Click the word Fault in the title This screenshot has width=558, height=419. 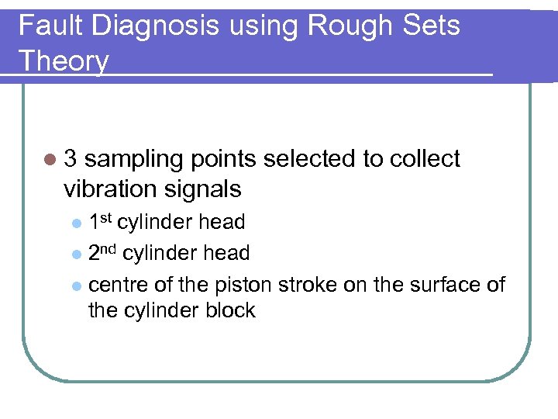tap(50, 26)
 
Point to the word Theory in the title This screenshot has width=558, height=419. tap(64, 60)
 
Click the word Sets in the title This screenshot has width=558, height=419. tap(432, 26)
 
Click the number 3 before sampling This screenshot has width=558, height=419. tap(71, 159)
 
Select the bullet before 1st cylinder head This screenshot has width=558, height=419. tap(76, 223)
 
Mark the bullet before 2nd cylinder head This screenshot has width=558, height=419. tap(76, 255)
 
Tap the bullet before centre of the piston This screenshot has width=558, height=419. tap(76, 286)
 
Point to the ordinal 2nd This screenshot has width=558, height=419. tap(103, 252)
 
